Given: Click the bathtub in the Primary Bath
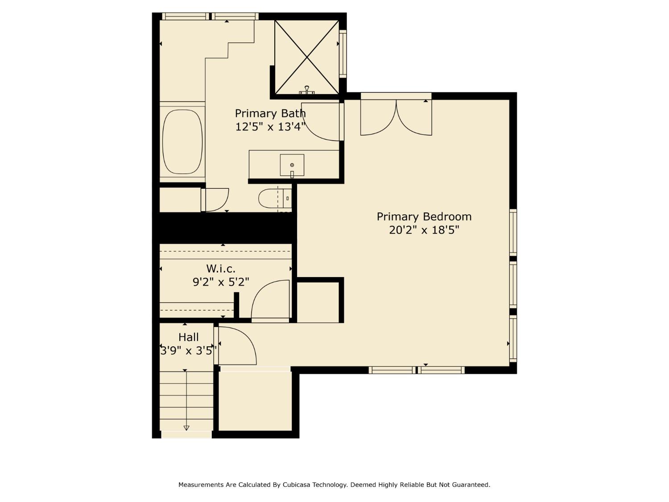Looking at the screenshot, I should (182, 141).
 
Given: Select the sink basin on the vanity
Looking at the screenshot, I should (292, 165).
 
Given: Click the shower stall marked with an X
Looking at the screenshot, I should (307, 57).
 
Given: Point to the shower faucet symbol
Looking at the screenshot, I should (307, 91).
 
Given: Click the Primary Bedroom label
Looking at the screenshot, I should (424, 217).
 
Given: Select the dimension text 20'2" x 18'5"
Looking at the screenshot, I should (424, 230).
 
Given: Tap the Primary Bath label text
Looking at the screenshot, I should (270, 113).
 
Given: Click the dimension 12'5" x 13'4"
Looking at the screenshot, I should (270, 127).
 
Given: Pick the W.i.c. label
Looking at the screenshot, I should (221, 269).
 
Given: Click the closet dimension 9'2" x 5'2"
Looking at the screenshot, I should (221, 282).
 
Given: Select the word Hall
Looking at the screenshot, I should (189, 337).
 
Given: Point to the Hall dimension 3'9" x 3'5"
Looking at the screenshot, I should (189, 351).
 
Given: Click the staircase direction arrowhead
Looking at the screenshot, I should (186, 428).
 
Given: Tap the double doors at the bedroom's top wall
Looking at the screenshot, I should (396, 117).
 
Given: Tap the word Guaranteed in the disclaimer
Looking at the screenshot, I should (471, 485).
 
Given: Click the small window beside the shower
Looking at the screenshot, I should (343, 54).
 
